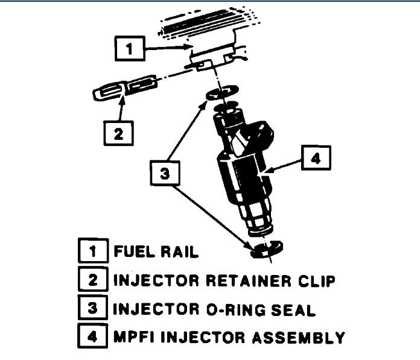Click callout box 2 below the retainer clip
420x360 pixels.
pyautogui.click(x=118, y=133)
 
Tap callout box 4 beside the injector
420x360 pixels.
pyautogui.click(x=317, y=160)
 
